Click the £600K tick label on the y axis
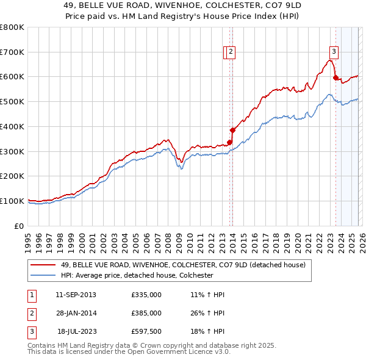coord(12,77)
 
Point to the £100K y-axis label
coord(12,201)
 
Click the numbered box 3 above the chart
coord(334,52)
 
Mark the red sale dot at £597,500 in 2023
coord(335,77)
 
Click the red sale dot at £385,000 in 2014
coord(232,130)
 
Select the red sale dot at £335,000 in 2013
coord(229,143)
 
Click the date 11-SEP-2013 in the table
coord(76,295)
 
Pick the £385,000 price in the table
coord(146,312)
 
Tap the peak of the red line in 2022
coord(329,60)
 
